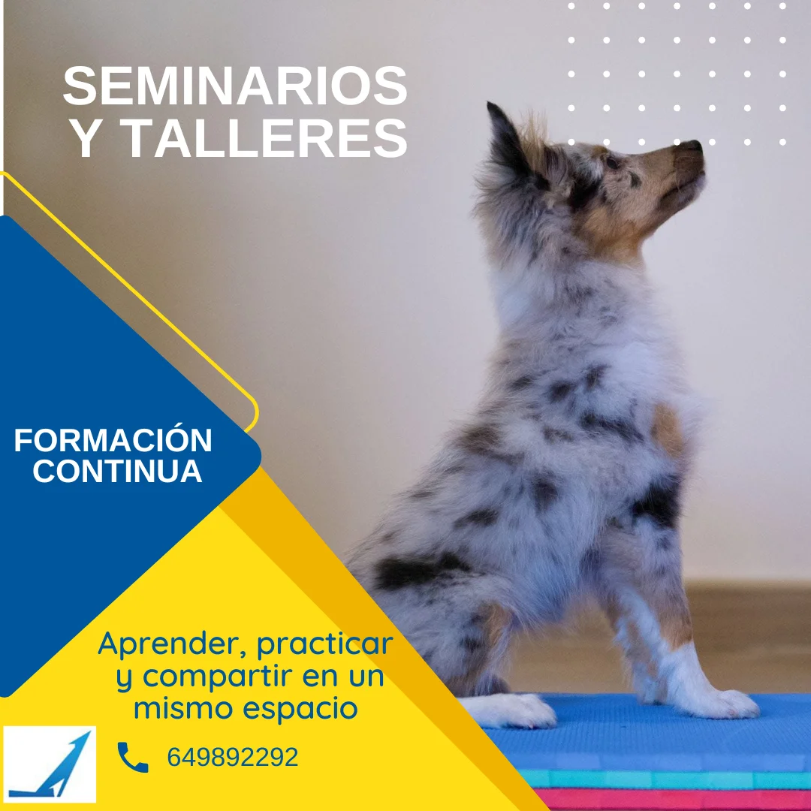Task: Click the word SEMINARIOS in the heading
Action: click(235, 86)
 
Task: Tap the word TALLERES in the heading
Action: click(264, 138)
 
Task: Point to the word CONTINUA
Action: click(117, 471)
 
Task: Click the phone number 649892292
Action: click(233, 757)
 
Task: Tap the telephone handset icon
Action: click(133, 757)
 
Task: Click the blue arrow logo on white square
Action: click(50, 764)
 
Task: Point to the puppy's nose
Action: click(692, 146)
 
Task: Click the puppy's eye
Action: click(613, 162)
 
